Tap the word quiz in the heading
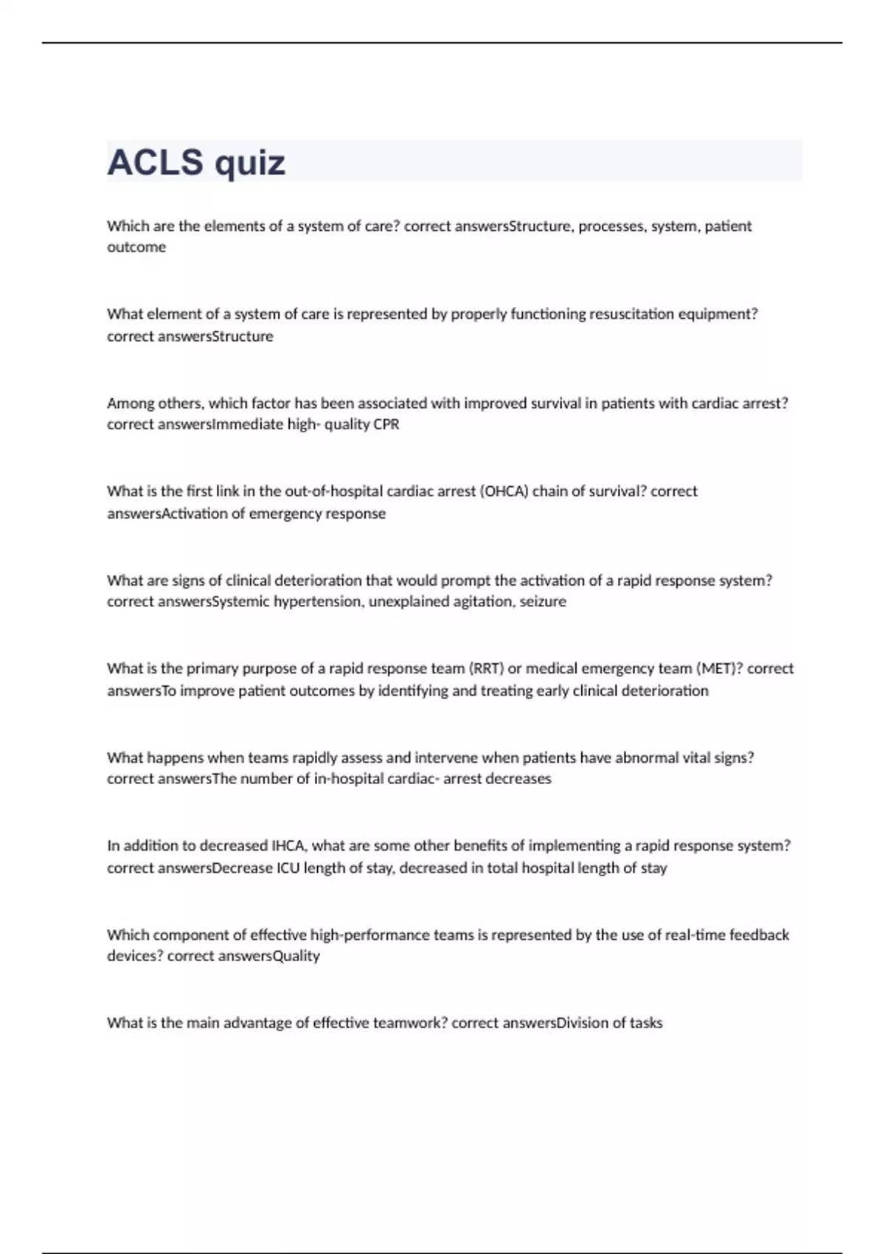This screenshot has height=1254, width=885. (251, 164)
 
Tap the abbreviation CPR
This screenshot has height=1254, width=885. (386, 425)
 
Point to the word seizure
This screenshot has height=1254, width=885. (543, 602)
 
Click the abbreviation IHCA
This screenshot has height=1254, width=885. (288, 846)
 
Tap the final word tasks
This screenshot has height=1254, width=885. (646, 1023)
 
